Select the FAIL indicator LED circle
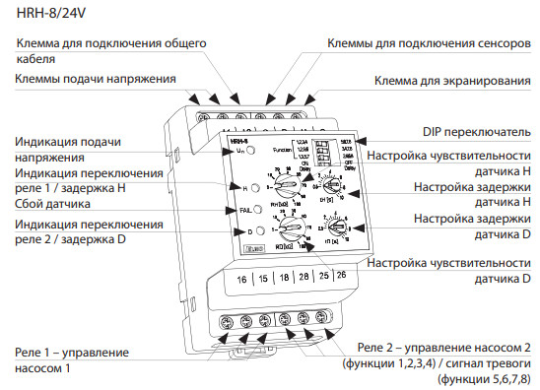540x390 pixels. (255, 208)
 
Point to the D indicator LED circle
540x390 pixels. (255, 232)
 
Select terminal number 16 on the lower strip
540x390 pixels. (241, 280)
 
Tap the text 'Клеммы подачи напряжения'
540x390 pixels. (97, 78)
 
